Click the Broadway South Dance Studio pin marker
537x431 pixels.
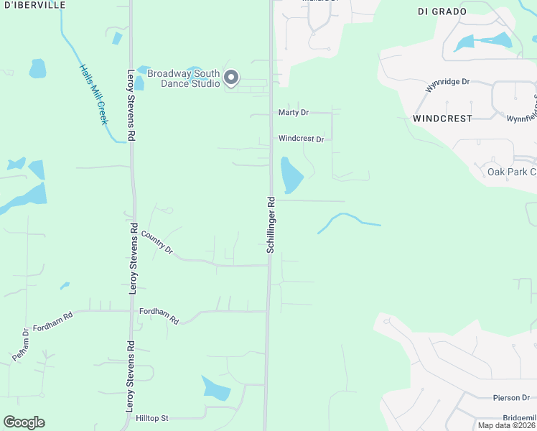tap(230, 78)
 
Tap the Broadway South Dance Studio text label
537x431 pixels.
tap(184, 78)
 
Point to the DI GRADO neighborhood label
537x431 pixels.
tap(442, 11)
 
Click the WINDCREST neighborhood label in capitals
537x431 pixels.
tap(443, 118)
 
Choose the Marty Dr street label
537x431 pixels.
tap(293, 113)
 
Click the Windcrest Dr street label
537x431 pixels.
tap(301, 139)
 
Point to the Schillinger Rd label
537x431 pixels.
tap(271, 224)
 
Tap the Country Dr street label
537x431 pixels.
tap(157, 242)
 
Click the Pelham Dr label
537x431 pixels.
tap(20, 345)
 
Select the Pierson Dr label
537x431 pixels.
tap(510, 397)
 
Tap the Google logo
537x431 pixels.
tap(24, 422)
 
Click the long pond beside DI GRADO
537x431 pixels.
tap(482, 42)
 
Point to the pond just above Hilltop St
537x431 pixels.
tap(216, 388)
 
